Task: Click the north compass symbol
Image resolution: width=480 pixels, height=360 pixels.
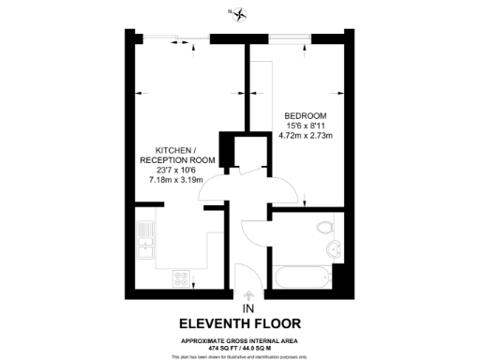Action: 241,13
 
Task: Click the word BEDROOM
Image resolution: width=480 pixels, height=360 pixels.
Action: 305,115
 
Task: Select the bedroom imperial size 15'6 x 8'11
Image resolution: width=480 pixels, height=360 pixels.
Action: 305,126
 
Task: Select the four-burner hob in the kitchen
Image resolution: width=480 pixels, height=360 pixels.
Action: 182,278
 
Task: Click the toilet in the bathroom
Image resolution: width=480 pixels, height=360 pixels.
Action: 324,229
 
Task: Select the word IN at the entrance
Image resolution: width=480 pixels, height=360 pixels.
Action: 248,307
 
